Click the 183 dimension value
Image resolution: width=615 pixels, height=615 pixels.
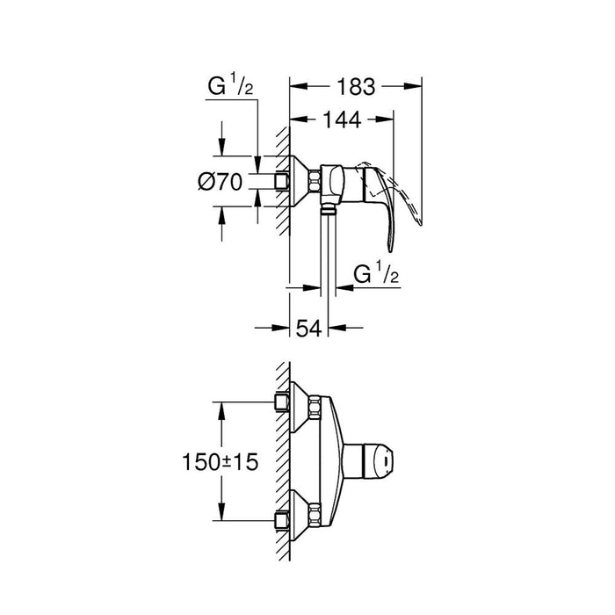tap(356, 87)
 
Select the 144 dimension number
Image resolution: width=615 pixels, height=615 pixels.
tap(341, 122)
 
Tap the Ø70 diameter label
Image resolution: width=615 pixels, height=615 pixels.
tap(220, 183)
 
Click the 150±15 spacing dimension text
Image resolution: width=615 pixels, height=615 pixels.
tap(220, 461)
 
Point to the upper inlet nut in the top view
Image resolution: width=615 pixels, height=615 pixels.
tap(283, 401)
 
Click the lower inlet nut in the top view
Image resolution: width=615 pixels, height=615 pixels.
tap(283, 518)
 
